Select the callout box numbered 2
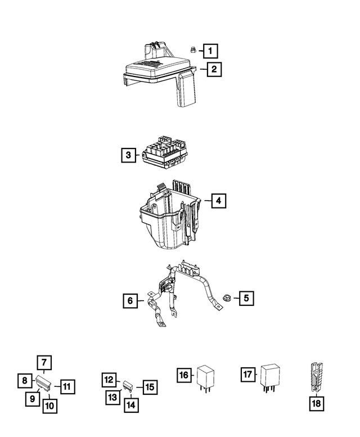pos(214,70)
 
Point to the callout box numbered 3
pos(129,155)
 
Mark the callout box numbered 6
pos(130,301)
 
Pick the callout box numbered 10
pos(67,386)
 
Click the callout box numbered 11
pos(109,380)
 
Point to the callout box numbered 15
pos(150,387)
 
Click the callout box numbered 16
pos(184,375)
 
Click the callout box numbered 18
pos(317,404)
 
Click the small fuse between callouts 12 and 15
pos(129,386)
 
